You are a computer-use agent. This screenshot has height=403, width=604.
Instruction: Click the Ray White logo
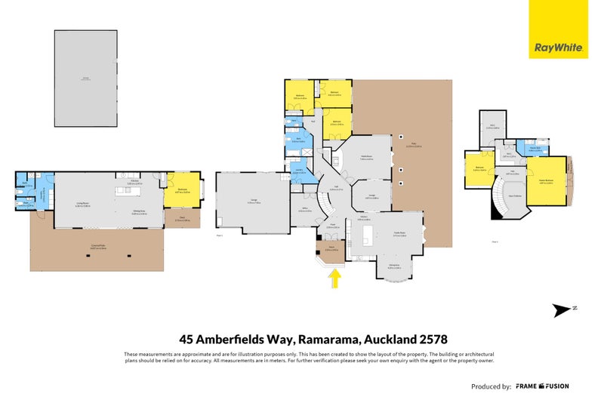[558, 47]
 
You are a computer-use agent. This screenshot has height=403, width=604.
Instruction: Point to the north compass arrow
[562, 309]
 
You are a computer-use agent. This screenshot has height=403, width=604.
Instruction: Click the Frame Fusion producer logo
[542, 386]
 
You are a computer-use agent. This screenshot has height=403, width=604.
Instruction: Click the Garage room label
[252, 201]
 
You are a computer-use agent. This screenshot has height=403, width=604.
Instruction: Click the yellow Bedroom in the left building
[183, 191]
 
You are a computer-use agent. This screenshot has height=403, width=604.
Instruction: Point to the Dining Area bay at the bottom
[393, 266]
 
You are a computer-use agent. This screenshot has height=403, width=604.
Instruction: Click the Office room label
[304, 211]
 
